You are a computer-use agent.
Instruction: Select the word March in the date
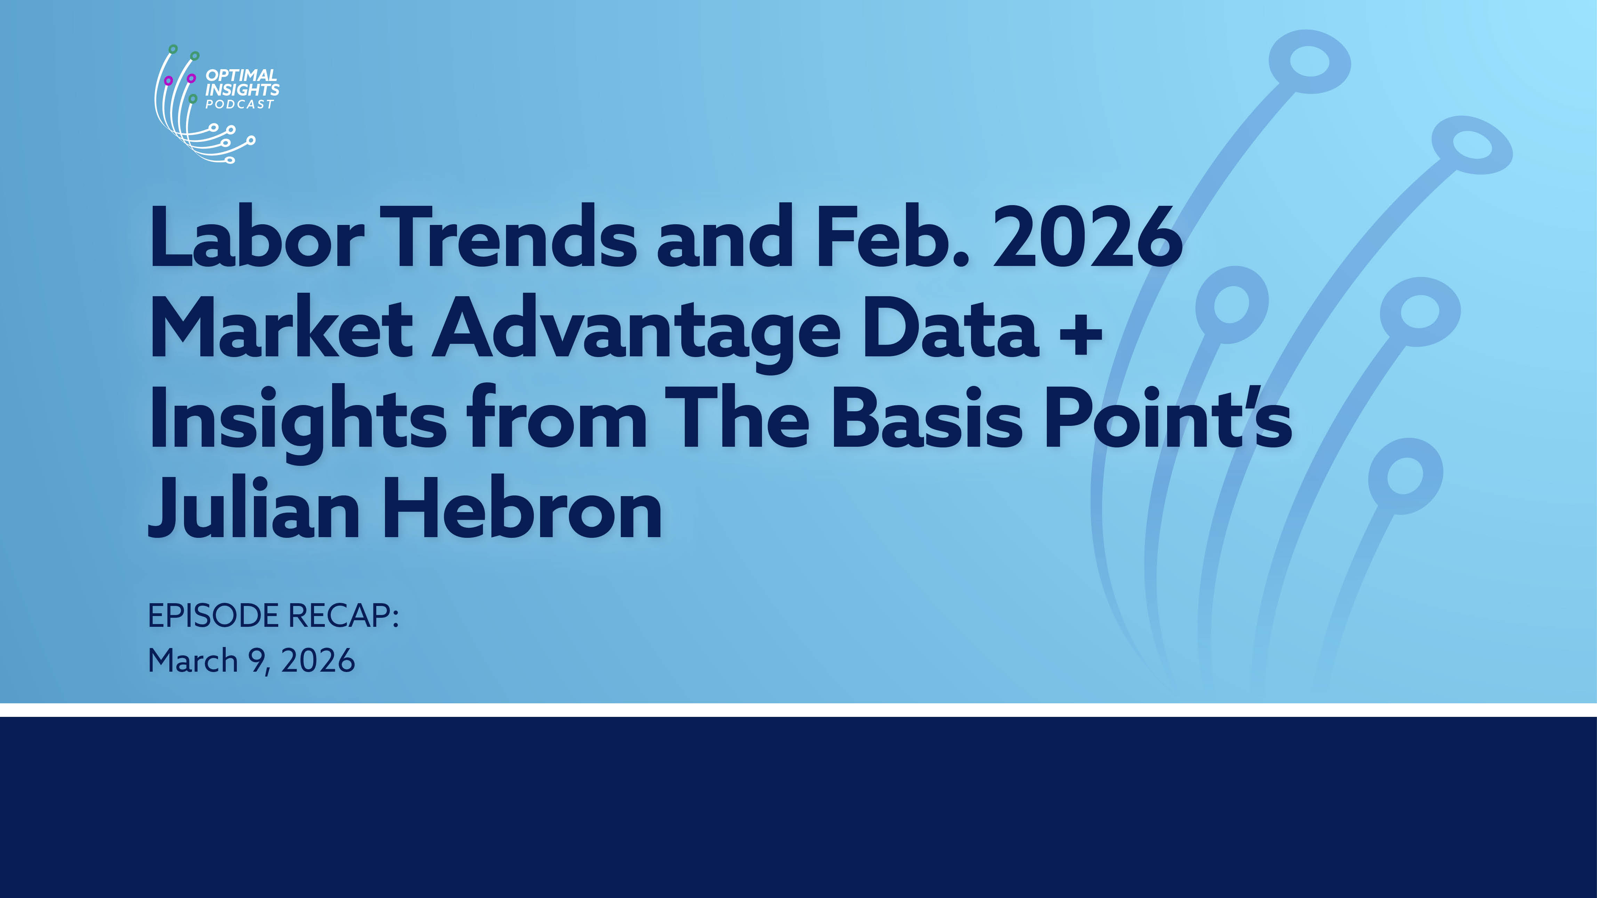tap(193, 661)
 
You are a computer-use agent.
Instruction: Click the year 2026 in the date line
tap(318, 661)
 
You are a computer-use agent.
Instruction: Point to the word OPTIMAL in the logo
tap(241, 75)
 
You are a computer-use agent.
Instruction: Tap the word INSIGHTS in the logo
tap(242, 90)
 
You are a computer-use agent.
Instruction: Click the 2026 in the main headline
tap(1088, 236)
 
